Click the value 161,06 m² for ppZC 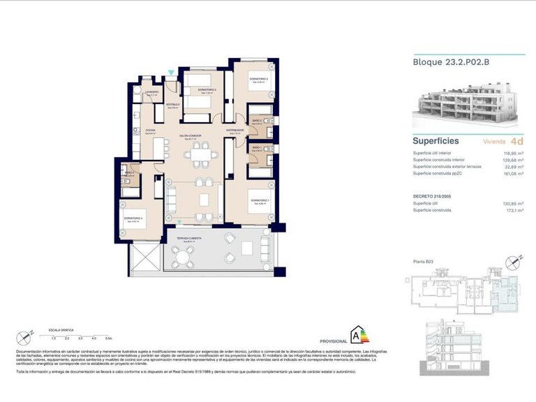click(514, 174)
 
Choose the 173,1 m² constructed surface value click(515, 211)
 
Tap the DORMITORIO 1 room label click(260, 202)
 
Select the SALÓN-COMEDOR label click(190, 136)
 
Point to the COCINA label click(150, 131)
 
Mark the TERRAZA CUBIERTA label click(188, 239)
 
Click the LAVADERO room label click(151, 92)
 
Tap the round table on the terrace click(184, 257)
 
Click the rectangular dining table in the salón click(202, 154)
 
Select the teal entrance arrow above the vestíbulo click(172, 73)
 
